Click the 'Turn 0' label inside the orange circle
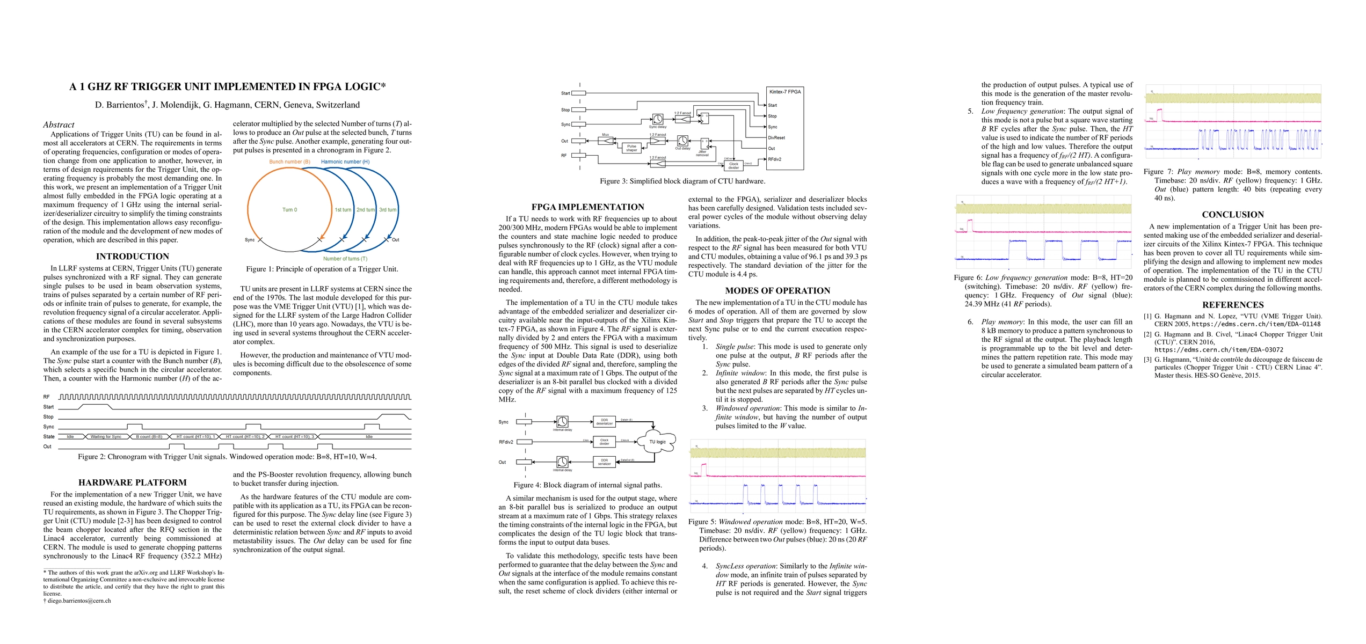(289, 210)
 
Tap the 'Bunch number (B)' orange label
(289, 162)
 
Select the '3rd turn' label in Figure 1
(388, 210)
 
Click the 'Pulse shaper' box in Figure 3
(631, 148)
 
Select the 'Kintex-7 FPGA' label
(784, 92)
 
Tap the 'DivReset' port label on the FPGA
(776, 138)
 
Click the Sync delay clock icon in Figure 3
(658, 119)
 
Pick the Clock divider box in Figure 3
(733, 166)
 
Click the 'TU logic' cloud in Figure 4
(657, 442)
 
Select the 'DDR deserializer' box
(604, 422)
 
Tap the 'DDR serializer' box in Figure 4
(604, 462)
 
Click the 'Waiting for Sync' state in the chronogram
(106, 437)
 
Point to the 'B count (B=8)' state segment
(149, 437)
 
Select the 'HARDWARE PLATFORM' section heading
(132, 482)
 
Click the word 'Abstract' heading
(59, 125)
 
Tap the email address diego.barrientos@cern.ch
(79, 601)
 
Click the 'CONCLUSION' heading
(1233, 215)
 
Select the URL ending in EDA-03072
(1219, 350)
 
